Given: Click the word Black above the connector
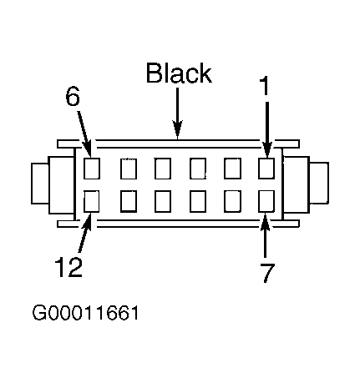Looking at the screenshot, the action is [x=179, y=73].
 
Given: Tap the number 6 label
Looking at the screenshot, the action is [x=73, y=96].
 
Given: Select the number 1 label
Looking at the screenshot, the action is [x=265, y=86].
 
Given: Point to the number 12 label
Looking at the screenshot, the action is [x=68, y=267].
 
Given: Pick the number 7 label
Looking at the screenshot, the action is [x=266, y=273].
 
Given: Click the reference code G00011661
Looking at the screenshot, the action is [x=85, y=313].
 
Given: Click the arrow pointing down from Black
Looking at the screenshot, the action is [x=177, y=113].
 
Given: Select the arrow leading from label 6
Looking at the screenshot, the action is [x=84, y=134].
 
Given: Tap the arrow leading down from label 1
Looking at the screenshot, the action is [x=267, y=129].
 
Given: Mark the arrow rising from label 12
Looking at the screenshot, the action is [x=85, y=233].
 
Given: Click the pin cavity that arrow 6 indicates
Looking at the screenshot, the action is [x=92, y=169].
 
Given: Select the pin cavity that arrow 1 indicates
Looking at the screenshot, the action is [x=266, y=169].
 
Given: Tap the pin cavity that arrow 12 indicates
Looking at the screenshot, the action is [x=92, y=201].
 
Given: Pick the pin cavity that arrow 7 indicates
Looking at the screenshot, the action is [x=266, y=201].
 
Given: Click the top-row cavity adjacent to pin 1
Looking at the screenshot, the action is [x=232, y=169].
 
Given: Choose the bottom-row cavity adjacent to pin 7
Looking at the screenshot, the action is [x=232, y=201].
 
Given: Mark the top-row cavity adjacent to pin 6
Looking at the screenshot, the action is [x=129, y=169].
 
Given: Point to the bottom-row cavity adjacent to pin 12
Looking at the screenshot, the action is [x=129, y=201].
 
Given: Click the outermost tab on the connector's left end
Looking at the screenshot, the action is [x=40, y=184].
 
